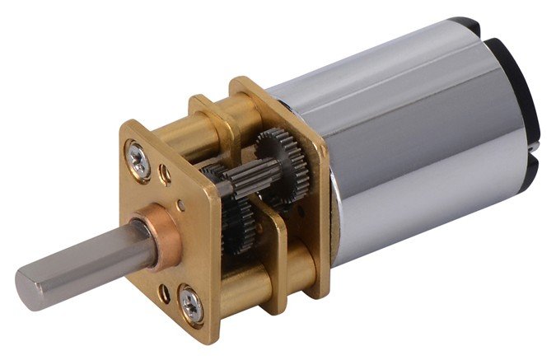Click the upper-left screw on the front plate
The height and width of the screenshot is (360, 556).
tap(139, 158)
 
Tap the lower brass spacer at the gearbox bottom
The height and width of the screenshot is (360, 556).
tap(297, 272)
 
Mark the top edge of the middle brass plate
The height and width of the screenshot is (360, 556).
tap(206, 101)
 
